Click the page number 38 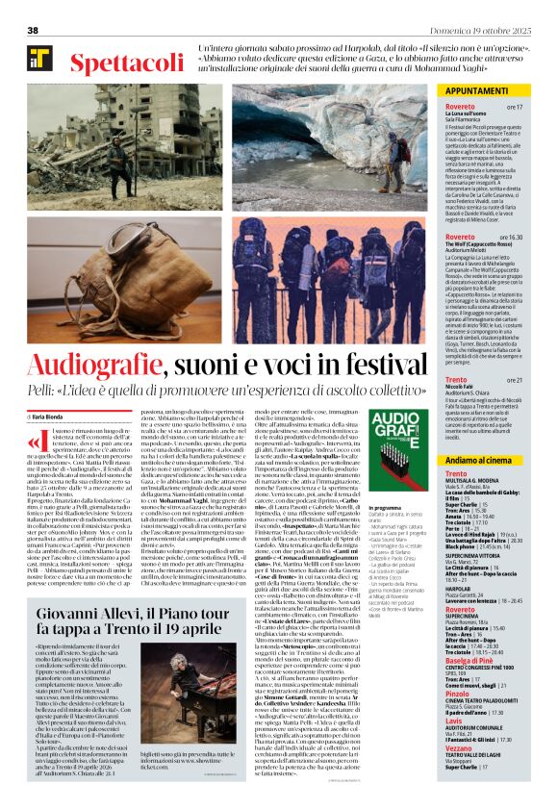click(33, 31)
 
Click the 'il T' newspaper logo click(39, 61)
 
